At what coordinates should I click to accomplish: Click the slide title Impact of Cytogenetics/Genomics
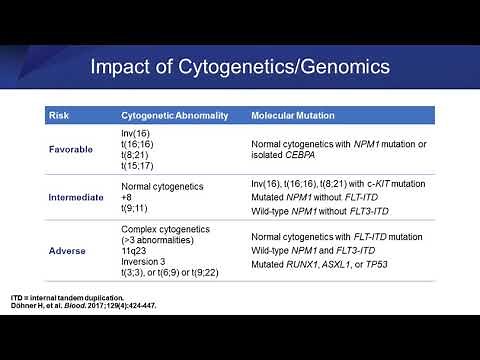[239, 69]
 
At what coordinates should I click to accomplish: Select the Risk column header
[58, 117]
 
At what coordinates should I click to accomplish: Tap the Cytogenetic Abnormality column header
[177, 117]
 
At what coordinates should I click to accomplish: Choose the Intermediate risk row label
[77, 197]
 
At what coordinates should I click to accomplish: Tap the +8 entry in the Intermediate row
[127, 197]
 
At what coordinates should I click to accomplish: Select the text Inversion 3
[145, 262]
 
